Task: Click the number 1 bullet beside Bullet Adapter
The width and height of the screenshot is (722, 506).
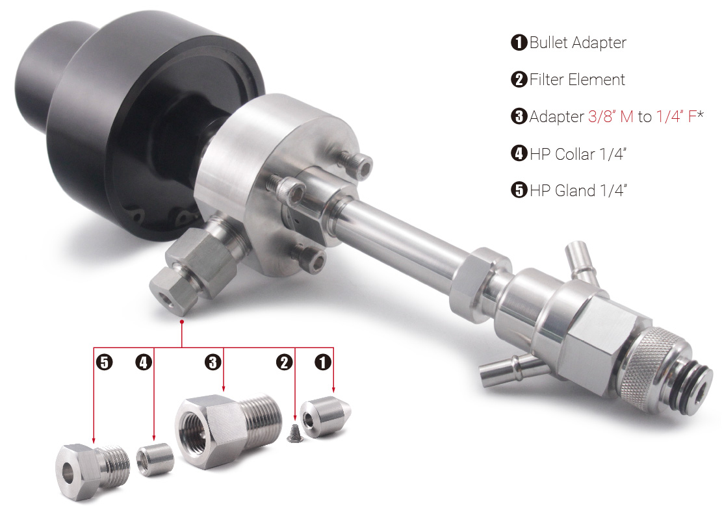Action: pyautogui.click(x=519, y=42)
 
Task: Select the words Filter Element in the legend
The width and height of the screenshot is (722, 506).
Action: pyautogui.click(x=577, y=80)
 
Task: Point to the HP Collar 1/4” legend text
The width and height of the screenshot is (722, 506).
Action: pyautogui.click(x=578, y=154)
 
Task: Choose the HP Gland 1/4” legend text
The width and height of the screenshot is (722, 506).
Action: pyautogui.click(x=578, y=190)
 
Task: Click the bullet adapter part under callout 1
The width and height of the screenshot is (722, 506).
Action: pyautogui.click(x=325, y=417)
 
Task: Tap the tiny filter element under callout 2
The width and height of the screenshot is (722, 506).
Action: pyautogui.click(x=294, y=433)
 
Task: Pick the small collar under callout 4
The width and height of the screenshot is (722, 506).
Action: pyautogui.click(x=155, y=459)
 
